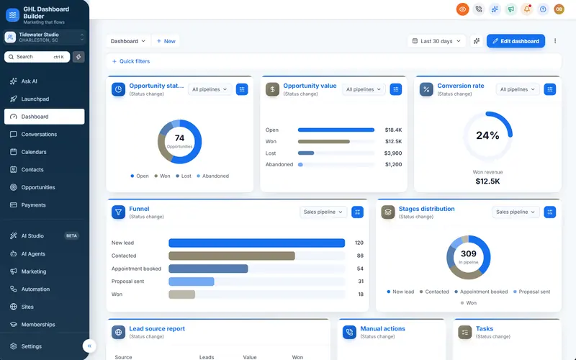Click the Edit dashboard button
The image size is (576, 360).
point(516,41)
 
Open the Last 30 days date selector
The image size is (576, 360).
point(436,41)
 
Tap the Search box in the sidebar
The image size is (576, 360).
point(37,57)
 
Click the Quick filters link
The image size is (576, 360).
point(131,61)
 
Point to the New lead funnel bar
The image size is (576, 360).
point(257,243)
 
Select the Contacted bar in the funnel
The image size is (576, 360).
point(232,256)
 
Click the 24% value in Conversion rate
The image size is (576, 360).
point(487,135)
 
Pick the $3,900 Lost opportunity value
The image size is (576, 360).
point(393,153)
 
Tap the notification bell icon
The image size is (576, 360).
point(527,9)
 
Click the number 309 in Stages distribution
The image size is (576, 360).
point(469,254)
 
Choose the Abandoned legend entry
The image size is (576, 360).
point(212,176)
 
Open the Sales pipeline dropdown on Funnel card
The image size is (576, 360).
point(323,212)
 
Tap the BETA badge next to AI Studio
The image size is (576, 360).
point(71,236)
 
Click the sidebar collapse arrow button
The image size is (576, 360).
point(89,346)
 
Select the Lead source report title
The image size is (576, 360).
point(157,329)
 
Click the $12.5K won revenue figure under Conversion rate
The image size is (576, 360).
point(487,181)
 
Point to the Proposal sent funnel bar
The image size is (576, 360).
point(192,282)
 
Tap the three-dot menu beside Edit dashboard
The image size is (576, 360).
point(555,41)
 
